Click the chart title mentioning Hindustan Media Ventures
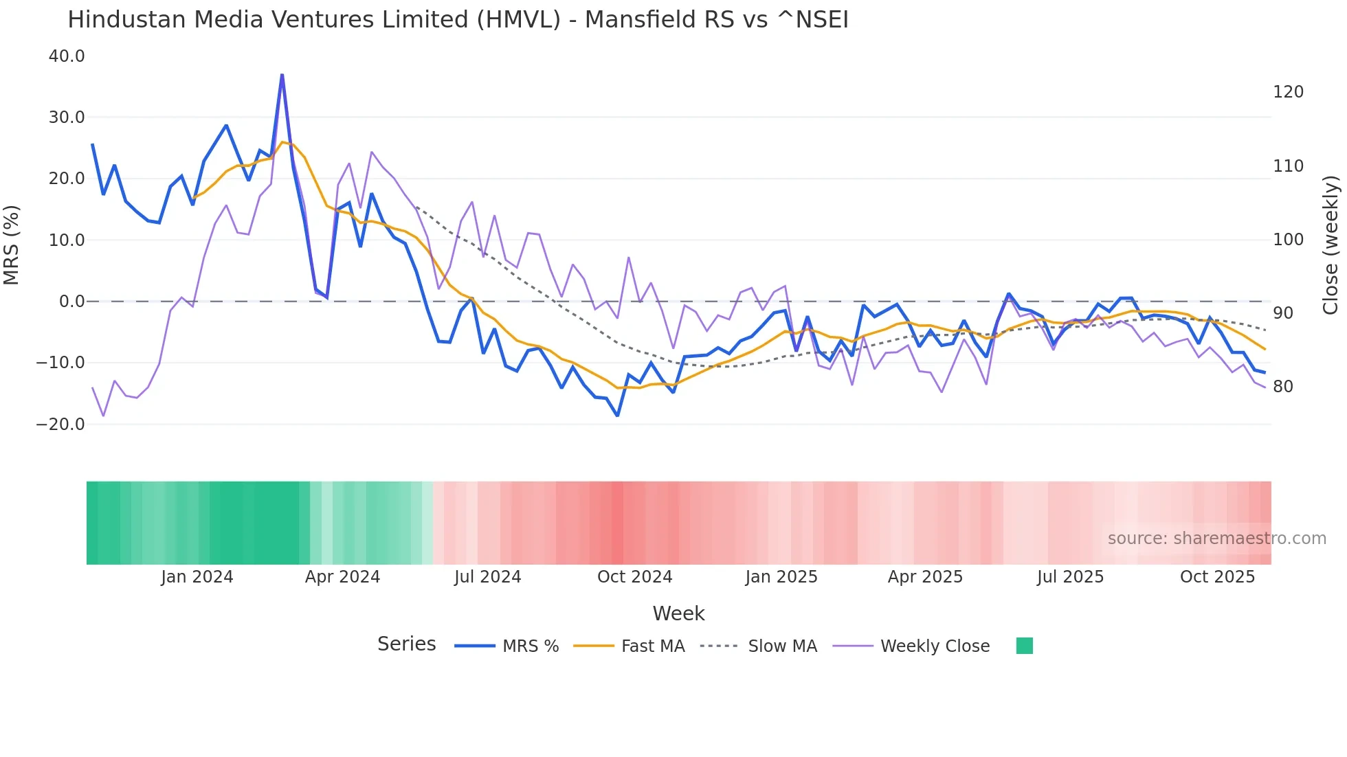tap(458, 20)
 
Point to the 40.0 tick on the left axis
tap(67, 56)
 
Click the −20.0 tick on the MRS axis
tap(60, 425)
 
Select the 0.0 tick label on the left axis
tap(71, 302)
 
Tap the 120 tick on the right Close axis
tap(1288, 92)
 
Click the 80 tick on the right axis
tap(1283, 387)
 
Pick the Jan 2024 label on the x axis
tap(197, 577)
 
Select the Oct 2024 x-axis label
tap(634, 577)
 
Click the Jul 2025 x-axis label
tap(1070, 577)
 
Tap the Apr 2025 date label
tap(925, 577)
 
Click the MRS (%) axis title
tap(12, 245)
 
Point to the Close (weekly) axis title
tap(1331, 245)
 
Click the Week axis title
tap(678, 613)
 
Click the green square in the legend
tap(1024, 646)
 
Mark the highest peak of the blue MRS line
tap(282, 75)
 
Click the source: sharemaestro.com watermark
tap(1216, 539)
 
